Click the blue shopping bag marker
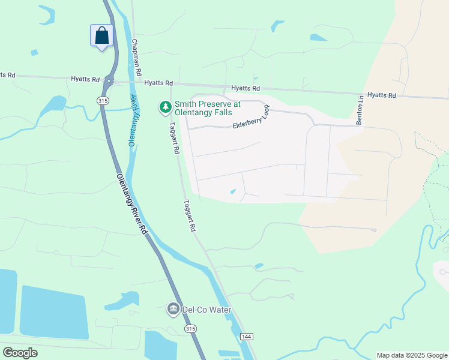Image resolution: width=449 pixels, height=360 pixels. pyautogui.click(x=101, y=35)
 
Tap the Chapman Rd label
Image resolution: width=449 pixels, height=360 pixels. pyautogui.click(x=137, y=58)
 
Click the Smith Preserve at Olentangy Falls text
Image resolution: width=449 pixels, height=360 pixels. pyautogui.click(x=207, y=108)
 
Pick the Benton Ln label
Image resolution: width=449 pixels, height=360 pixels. pyautogui.click(x=360, y=110)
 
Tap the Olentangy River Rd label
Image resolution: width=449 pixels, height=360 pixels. pyautogui.click(x=132, y=204)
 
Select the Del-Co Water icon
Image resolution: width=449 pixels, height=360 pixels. pyautogui.click(x=173, y=310)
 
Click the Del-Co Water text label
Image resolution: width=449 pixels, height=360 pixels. pyautogui.click(x=207, y=310)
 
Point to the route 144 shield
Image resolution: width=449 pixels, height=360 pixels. pyautogui.click(x=246, y=337)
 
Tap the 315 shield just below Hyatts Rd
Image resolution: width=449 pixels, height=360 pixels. pyautogui.click(x=103, y=101)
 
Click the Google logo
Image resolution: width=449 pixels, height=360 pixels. pyautogui.click(x=20, y=352)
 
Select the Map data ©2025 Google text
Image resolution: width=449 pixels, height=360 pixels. pyautogui.click(x=412, y=355)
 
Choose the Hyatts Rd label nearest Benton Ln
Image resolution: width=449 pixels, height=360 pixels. pyautogui.click(x=382, y=95)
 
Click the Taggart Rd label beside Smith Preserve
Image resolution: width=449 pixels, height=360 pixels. pyautogui.click(x=174, y=139)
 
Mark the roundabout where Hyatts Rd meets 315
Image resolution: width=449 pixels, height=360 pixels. pyautogui.click(x=109, y=80)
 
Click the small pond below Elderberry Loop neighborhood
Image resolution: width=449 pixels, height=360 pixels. pyautogui.click(x=233, y=192)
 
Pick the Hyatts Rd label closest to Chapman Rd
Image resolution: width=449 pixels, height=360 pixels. pyautogui.click(x=158, y=83)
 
